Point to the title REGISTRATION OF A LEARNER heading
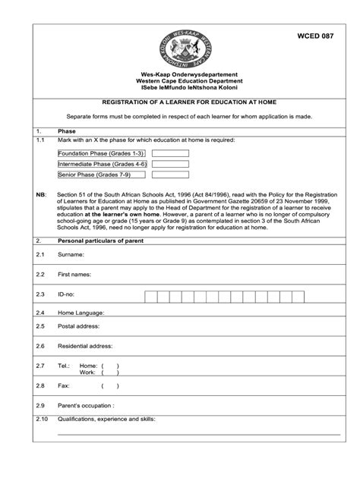point(179,101)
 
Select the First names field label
point(74,274)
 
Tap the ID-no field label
point(68,294)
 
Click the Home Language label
point(81,313)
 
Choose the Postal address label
point(79,327)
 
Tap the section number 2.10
point(42,419)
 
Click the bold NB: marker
point(41,194)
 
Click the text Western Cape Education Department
point(179,81)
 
